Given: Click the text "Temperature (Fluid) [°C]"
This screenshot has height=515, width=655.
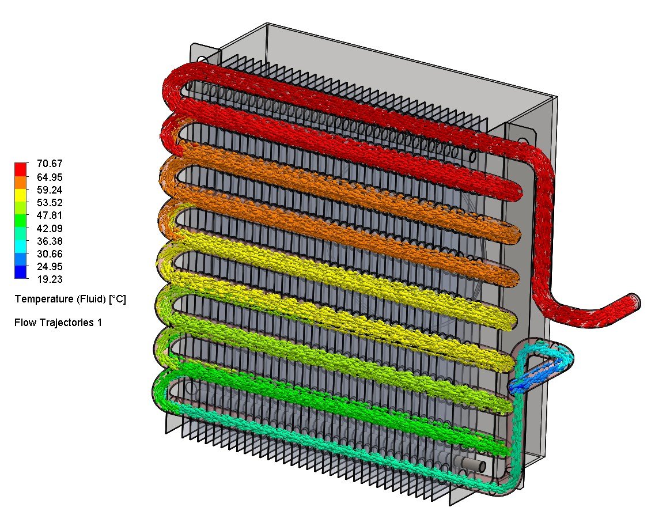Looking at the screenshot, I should pyautogui.click(x=70, y=300).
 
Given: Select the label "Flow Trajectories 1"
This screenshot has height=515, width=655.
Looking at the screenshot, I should pyautogui.click(x=58, y=323).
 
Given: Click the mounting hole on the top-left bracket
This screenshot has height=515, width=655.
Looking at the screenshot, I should pyautogui.click(x=202, y=60).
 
